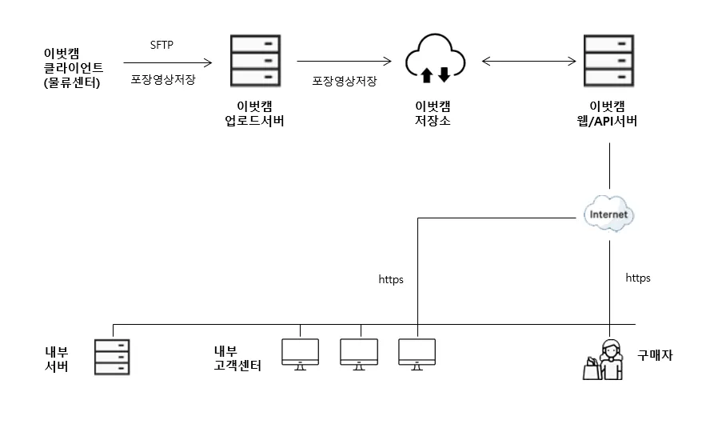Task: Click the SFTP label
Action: (162, 44)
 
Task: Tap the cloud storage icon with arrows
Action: (435, 60)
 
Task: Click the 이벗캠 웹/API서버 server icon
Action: (610, 61)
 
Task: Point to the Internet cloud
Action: (609, 214)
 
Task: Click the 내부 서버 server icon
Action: (112, 356)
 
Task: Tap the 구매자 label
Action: (655, 354)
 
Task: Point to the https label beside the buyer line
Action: (638, 278)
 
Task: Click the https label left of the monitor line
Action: (391, 280)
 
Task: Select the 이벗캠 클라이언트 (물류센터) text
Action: (73, 68)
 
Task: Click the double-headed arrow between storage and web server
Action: (529, 61)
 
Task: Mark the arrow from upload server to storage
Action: (344, 61)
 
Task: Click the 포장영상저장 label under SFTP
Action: (163, 80)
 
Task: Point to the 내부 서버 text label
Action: (56, 359)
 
